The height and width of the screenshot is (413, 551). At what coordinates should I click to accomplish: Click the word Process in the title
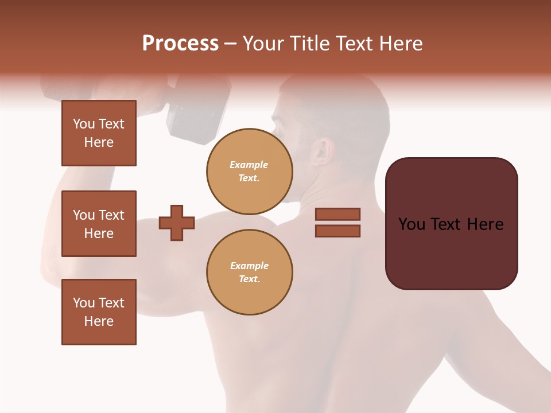[180, 44]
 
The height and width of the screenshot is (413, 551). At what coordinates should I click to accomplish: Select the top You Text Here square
[99, 133]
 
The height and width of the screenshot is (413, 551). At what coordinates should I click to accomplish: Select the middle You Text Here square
[99, 224]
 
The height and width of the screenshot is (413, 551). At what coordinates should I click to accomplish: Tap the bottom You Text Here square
[99, 312]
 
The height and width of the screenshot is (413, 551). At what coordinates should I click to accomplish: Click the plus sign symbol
[177, 223]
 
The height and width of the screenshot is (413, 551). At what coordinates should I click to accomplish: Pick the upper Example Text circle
[250, 171]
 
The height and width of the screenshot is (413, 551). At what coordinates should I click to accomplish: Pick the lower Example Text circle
[250, 272]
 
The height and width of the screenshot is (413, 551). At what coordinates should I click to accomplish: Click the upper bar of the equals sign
[337, 215]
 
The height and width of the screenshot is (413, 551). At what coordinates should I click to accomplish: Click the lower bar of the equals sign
[337, 231]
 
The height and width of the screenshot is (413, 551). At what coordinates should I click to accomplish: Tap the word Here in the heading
[398, 44]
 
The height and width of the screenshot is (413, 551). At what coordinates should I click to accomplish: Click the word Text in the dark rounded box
[447, 224]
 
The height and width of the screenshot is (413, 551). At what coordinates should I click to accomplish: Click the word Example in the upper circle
[249, 165]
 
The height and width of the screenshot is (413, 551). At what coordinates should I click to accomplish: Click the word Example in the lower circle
[249, 266]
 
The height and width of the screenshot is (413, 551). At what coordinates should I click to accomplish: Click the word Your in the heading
[262, 44]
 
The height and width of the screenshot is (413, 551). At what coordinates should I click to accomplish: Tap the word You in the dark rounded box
[412, 224]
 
